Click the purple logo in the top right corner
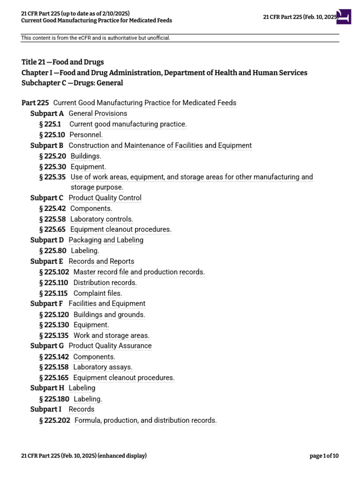[x=344, y=17]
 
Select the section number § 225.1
[x=50, y=124]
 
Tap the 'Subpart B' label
[x=47, y=145]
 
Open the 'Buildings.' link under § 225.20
[x=86, y=156]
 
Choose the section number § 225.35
[x=52, y=177]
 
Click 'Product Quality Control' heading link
[x=105, y=198]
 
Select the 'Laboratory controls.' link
[x=102, y=219]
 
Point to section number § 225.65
[x=52, y=230]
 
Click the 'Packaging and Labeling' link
[x=106, y=240]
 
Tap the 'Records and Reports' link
[x=101, y=262]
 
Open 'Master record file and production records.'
[x=139, y=272]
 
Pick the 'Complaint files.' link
[x=98, y=293]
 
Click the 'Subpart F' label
[x=46, y=304]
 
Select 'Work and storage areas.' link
[x=112, y=336]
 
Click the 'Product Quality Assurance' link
[x=110, y=346]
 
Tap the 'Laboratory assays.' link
[x=103, y=367]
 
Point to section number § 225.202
[x=55, y=420]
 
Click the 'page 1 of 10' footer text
[x=324, y=456]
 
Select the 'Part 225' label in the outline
[x=35, y=103]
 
